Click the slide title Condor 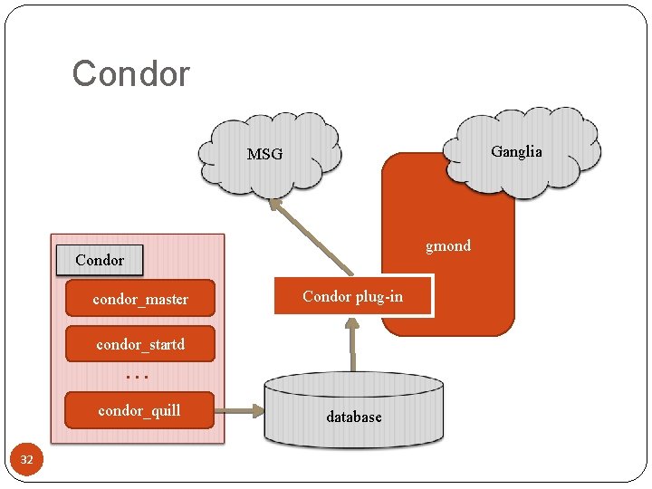pyautogui.click(x=130, y=73)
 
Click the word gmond pyautogui.click(x=448, y=245)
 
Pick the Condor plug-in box pyautogui.click(x=353, y=297)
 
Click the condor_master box pyautogui.click(x=140, y=298)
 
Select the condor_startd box pyautogui.click(x=140, y=343)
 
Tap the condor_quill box pyautogui.click(x=140, y=410)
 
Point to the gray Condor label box pyautogui.click(x=100, y=260)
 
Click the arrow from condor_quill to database pyautogui.click(x=239, y=411)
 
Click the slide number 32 pyautogui.click(x=26, y=460)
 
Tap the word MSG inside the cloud pyautogui.click(x=264, y=155)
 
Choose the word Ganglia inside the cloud pyautogui.click(x=516, y=151)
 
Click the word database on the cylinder pyautogui.click(x=353, y=417)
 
